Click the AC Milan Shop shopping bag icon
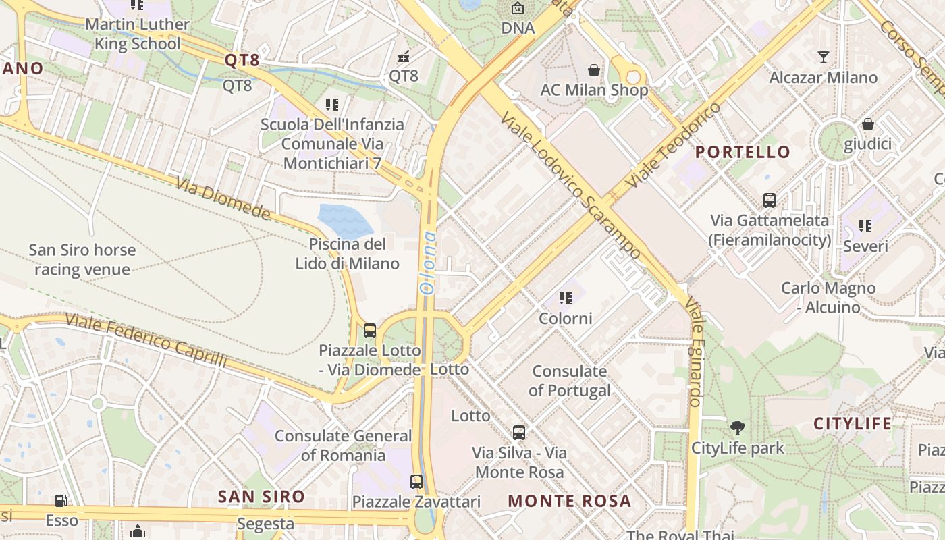tap(594, 70)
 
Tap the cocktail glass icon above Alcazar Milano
tap(823, 57)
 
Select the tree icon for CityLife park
tap(738, 427)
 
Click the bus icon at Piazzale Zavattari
tap(416, 482)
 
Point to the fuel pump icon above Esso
tap(61, 501)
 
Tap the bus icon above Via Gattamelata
tap(769, 200)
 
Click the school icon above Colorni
tap(566, 298)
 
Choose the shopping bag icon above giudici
tap(868, 124)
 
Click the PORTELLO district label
tap(742, 152)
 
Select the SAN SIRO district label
tap(261, 497)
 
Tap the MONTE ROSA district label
tap(570, 501)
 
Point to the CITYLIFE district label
tap(853, 424)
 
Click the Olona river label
tap(428, 263)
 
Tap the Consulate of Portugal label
tap(570, 381)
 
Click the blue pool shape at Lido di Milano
tap(344, 220)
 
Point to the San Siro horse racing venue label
tap(82, 260)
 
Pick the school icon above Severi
tap(865, 226)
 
